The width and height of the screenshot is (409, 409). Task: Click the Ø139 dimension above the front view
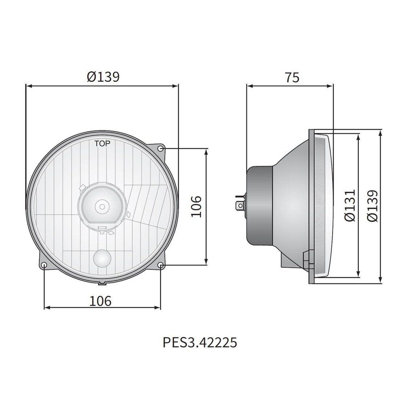(x=103, y=77)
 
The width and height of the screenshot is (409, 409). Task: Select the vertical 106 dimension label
(x=196, y=206)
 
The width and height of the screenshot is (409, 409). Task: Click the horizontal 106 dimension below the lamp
(x=101, y=301)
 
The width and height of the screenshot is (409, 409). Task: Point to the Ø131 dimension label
(x=349, y=205)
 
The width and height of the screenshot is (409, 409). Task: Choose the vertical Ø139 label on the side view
(x=372, y=205)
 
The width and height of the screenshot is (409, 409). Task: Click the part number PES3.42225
(x=200, y=342)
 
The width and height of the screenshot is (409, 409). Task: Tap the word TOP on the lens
(x=103, y=143)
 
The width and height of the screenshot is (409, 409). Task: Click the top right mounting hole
(x=161, y=149)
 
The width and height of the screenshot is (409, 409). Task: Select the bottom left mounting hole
(x=44, y=265)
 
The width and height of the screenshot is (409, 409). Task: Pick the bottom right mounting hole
(x=161, y=265)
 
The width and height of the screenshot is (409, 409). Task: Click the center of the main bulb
(x=102, y=206)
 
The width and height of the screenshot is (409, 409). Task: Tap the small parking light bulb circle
(x=102, y=259)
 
